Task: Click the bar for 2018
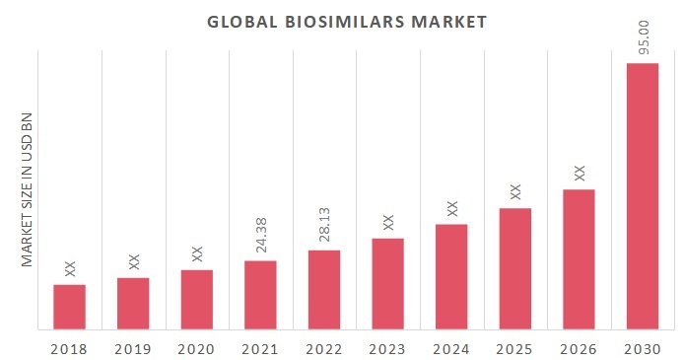(69, 307)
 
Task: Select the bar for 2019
(133, 303)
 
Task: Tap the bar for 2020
(196, 299)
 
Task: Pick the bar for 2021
(260, 295)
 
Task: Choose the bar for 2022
(324, 289)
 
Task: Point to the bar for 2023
(387, 283)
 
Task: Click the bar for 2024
(451, 276)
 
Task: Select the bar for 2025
(514, 268)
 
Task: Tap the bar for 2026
(579, 258)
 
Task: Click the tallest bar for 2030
(643, 196)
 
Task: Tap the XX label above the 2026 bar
(580, 173)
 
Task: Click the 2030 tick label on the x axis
(643, 348)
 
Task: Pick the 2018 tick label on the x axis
(69, 348)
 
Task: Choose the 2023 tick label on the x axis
(387, 348)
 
